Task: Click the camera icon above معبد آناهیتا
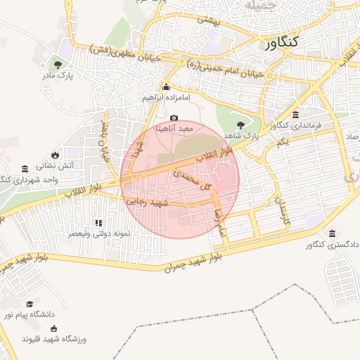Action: (x=174, y=118)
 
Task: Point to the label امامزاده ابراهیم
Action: (x=167, y=98)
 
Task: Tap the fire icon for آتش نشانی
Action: (x=55, y=155)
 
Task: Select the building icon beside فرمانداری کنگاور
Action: (x=294, y=115)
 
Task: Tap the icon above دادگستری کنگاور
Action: (x=332, y=233)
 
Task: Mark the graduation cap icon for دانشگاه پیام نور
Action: (x=30, y=304)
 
